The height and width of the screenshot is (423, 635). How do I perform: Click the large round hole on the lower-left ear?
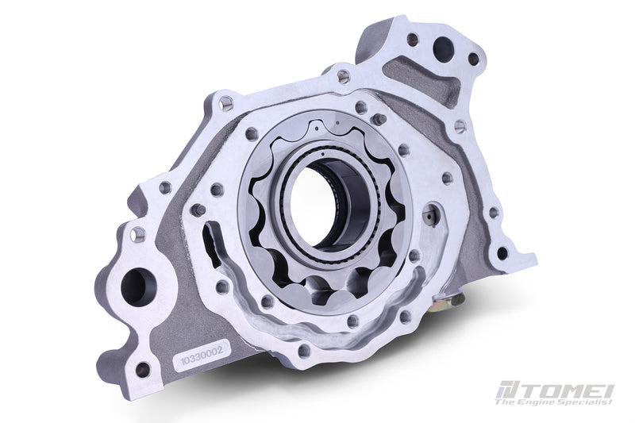135,286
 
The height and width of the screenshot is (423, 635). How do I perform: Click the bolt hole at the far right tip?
502,254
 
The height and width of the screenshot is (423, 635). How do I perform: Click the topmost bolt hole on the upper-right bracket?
412,38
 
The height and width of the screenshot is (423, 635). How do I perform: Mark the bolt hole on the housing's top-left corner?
226,102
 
